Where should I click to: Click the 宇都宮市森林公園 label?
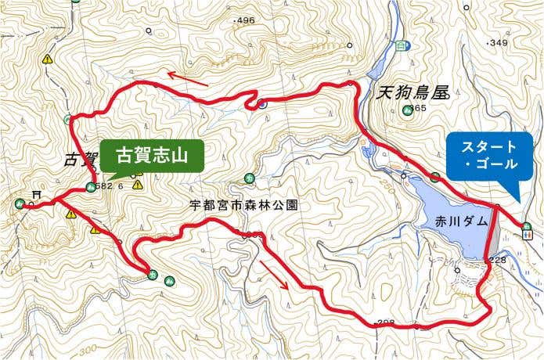click(244, 206)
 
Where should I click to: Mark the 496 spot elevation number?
click(245, 20)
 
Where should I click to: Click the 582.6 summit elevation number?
click(110, 187)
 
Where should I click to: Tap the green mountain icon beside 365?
click(407, 110)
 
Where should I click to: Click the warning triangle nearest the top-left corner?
click(48, 59)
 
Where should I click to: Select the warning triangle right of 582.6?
click(138, 185)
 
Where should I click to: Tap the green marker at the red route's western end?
click(19, 203)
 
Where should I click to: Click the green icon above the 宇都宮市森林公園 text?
click(249, 178)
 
